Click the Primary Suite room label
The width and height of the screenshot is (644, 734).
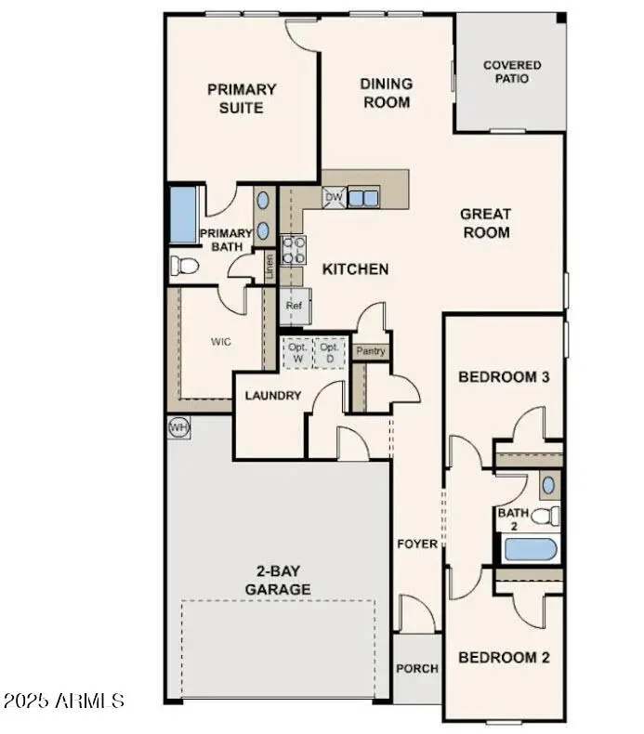coord(242,98)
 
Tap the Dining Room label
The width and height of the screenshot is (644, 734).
coord(387,93)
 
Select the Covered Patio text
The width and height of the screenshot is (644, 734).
coord(512,72)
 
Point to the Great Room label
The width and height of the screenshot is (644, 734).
coord(485,223)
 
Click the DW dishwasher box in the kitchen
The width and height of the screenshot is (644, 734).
coord(334,197)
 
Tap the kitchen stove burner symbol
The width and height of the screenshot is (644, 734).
coord(294,250)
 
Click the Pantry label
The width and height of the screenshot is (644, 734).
coord(371,351)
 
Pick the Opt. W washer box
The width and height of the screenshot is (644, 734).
coord(297,352)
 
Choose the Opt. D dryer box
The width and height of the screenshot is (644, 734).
coord(328,352)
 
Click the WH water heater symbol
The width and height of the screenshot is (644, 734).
coord(178,426)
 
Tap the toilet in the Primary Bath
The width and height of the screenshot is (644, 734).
coord(184,267)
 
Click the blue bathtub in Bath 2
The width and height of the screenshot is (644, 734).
coord(529,549)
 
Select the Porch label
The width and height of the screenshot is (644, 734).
coord(416,668)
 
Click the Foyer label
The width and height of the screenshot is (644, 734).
coord(416,544)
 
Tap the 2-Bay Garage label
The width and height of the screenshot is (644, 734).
coord(278,581)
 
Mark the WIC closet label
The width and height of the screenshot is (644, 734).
coord(220,341)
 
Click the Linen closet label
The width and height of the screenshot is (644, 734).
coord(270,268)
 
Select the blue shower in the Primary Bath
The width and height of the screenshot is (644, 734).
coord(182,216)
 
